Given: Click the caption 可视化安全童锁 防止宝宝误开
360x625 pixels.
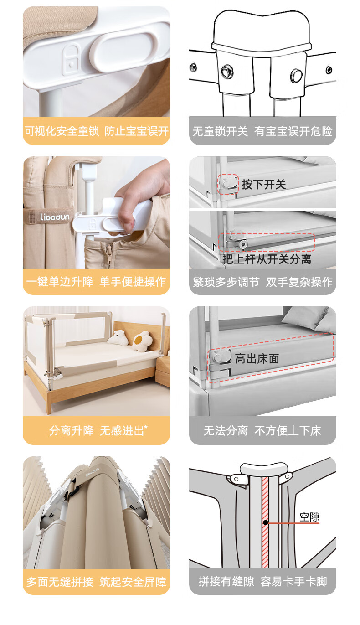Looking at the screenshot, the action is tap(96, 131).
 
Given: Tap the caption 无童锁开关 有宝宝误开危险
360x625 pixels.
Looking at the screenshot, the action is tap(262, 131).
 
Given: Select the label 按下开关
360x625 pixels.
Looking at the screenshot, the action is tap(264, 185).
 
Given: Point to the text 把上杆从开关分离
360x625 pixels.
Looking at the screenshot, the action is tap(267, 259).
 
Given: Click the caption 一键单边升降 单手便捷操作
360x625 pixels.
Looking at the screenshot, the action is tap(96, 282).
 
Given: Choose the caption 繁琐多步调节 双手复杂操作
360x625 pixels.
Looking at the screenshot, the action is tap(262, 282).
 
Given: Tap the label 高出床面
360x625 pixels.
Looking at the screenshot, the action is tap(257, 358).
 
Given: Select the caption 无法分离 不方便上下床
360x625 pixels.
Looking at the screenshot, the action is tap(262, 430).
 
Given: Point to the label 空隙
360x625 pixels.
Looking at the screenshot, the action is tap(309, 517).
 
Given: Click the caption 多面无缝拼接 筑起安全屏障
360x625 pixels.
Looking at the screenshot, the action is tap(96, 582).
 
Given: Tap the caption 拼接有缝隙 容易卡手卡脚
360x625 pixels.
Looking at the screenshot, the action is tap(262, 582).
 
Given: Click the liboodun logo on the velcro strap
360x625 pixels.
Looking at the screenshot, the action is tap(55, 217).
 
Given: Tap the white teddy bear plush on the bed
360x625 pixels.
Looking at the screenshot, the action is tap(118, 338).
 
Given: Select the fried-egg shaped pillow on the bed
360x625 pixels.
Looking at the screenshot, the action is tap(143, 341).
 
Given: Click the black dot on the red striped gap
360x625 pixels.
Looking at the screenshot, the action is tap(266, 522).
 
